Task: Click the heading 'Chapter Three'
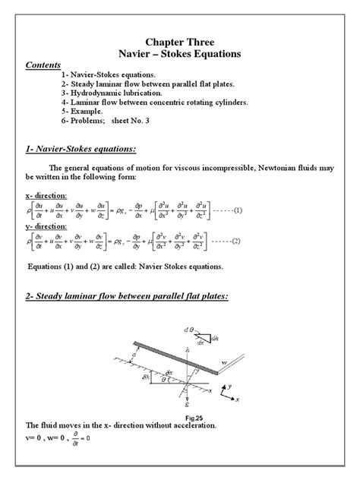tap(180, 42)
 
